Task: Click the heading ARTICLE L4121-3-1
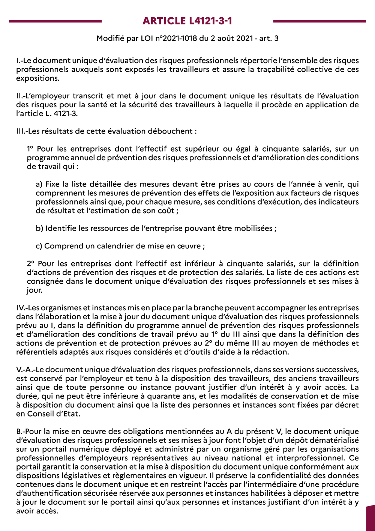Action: [187, 21]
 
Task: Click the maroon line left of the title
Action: [55, 21]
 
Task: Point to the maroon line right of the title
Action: [319, 21]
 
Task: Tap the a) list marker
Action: [39, 184]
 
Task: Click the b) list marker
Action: [39, 229]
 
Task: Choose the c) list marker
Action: [39, 246]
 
